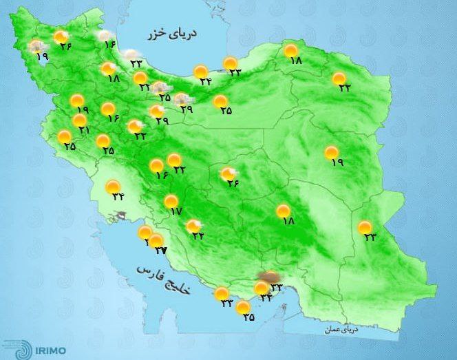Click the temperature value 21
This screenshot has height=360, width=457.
(84, 129)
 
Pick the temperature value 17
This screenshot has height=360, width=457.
(175, 211)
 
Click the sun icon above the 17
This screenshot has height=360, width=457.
(171, 201)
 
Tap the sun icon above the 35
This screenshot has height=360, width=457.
(242, 308)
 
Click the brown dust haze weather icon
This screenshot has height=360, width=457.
(265, 277)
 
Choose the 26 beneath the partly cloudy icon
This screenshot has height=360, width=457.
(232, 183)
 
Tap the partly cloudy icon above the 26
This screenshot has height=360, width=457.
(228, 174)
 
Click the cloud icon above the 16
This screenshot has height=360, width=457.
(105, 36)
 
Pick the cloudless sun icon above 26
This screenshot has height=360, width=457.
(61, 37)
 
